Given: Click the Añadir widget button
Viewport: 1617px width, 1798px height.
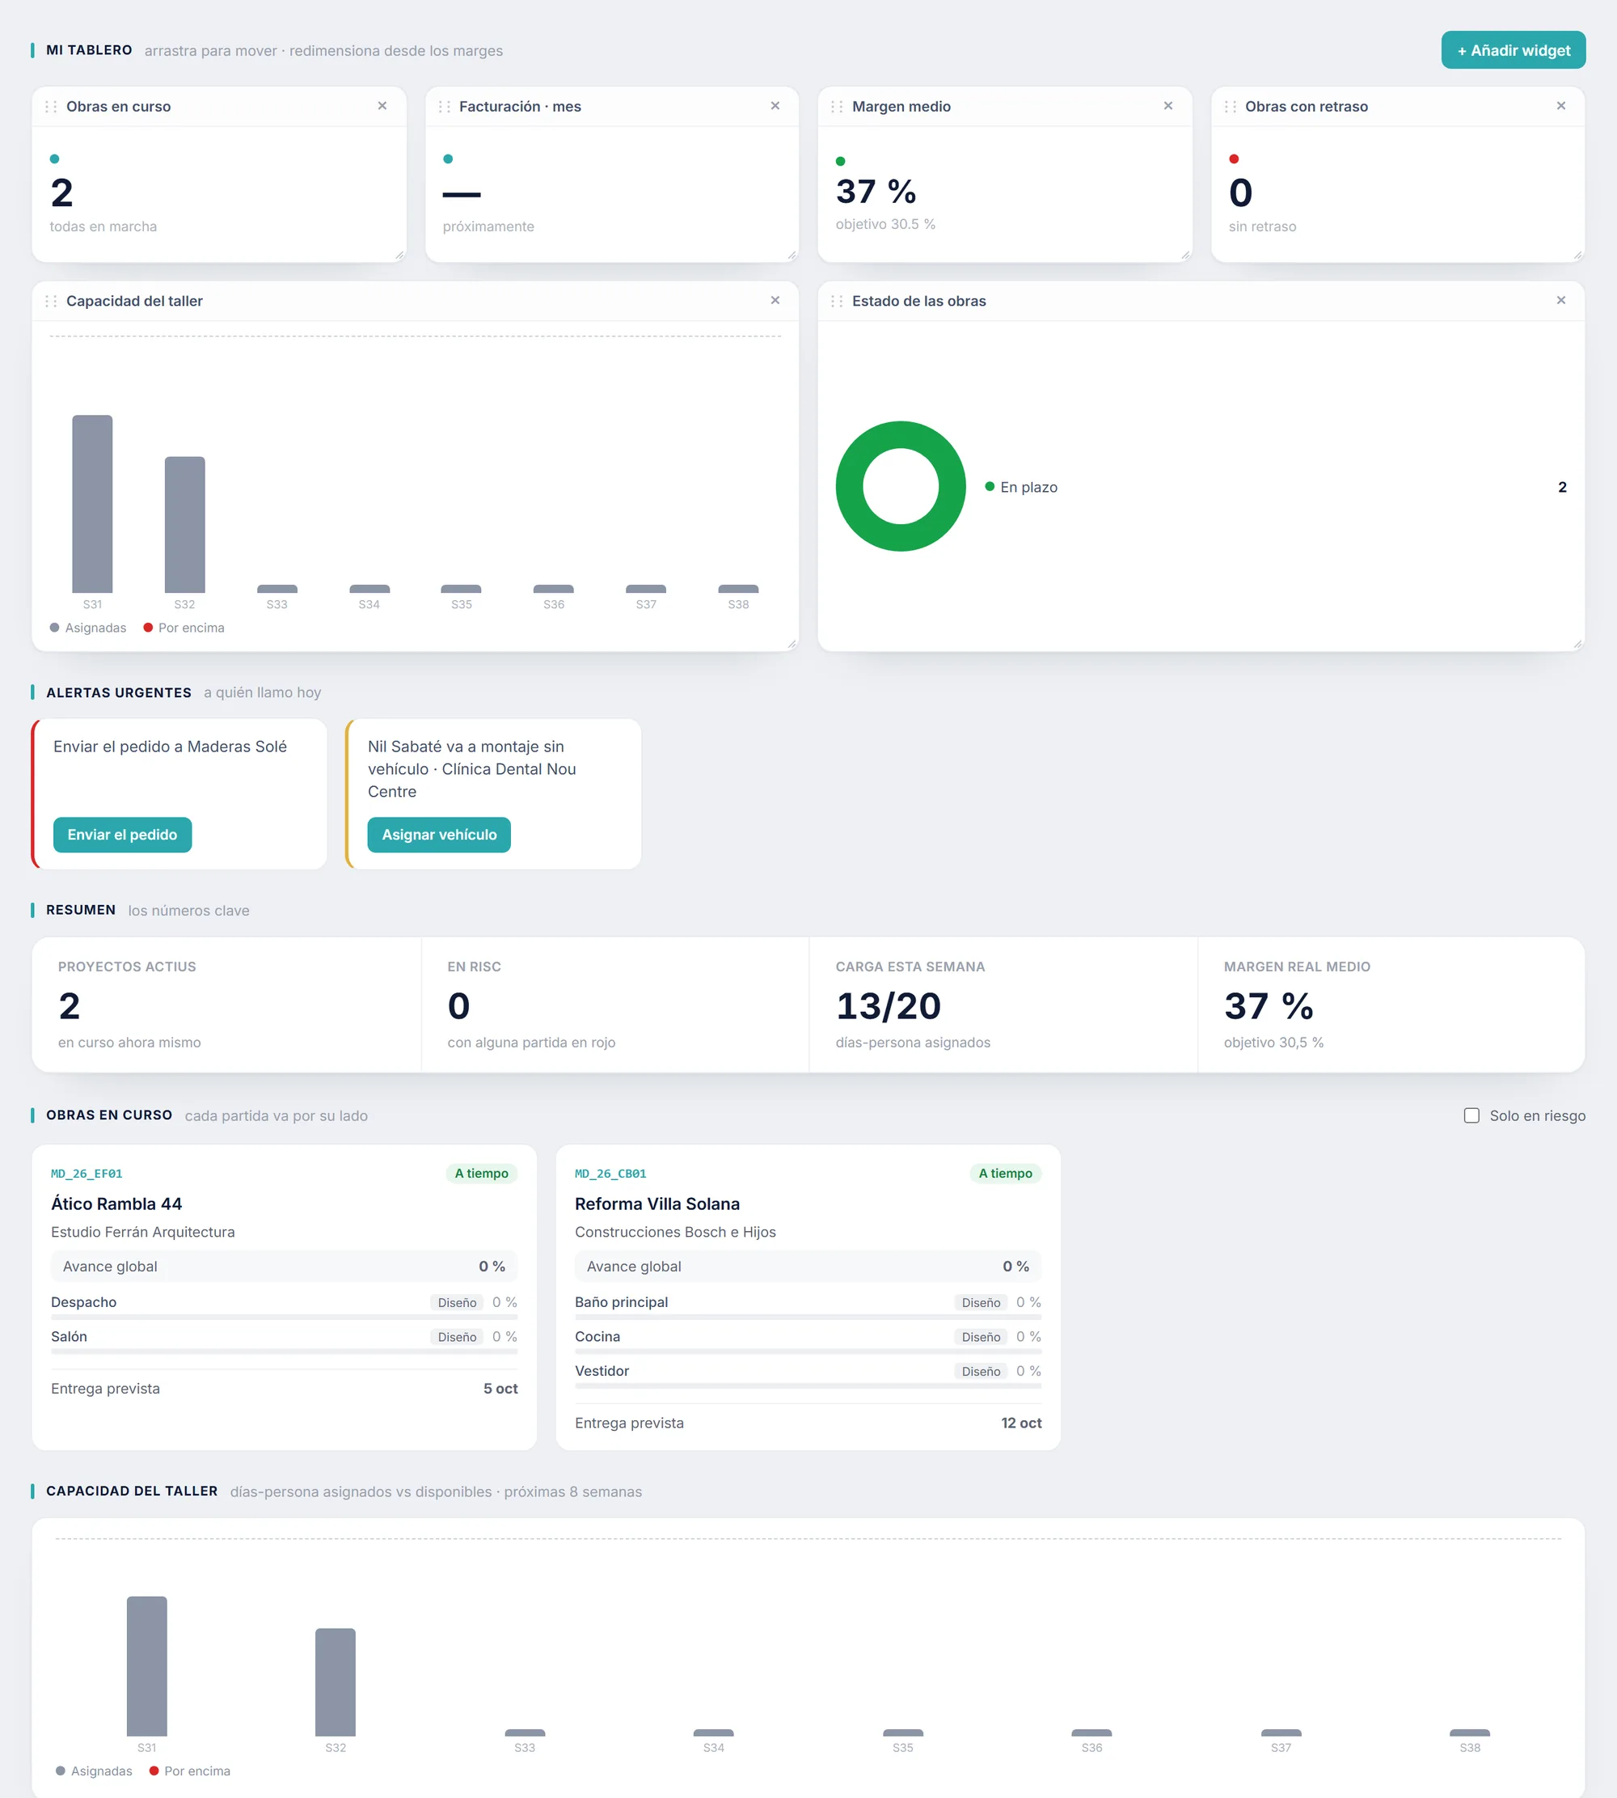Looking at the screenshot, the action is click(x=1512, y=51).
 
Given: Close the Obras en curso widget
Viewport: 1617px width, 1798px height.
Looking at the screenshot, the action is click(x=382, y=106).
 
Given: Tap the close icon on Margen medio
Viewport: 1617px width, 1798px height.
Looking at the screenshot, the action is click(x=1167, y=106).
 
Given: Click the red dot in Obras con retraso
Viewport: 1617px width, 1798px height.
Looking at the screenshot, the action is click(x=1233, y=159).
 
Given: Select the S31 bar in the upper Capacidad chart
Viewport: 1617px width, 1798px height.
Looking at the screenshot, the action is click(x=92, y=504).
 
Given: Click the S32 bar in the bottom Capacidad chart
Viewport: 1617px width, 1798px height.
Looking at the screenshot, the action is click(x=335, y=1682).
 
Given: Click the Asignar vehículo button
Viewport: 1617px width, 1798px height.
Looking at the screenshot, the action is click(x=439, y=835).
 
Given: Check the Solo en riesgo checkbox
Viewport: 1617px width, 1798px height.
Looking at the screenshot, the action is click(x=1471, y=1115).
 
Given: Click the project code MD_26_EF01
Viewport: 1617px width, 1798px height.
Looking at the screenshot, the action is click(x=87, y=1173).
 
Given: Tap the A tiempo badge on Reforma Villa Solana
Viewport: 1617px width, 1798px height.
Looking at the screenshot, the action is click(x=1005, y=1173).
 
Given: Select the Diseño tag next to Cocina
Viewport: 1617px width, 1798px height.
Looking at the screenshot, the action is click(x=981, y=1337).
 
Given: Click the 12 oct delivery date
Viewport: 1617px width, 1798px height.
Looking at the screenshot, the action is click(x=1021, y=1423).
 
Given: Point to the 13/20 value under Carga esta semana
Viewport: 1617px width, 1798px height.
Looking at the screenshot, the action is click(x=888, y=1006).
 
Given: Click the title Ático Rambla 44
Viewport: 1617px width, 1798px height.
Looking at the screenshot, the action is click(x=116, y=1204).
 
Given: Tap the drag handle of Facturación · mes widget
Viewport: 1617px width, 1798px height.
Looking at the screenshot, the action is click(x=444, y=107).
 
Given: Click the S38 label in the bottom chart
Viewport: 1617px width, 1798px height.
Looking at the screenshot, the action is click(x=1470, y=1747).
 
